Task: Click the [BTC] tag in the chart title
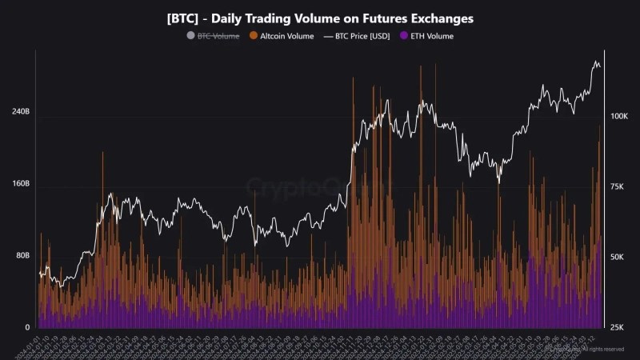[183, 17]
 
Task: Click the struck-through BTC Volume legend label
[218, 36]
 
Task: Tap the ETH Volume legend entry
[433, 36]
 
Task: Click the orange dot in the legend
[254, 36]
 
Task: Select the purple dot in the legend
[403, 36]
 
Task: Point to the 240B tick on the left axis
[20, 111]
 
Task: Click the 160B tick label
[20, 183]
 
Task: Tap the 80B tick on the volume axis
[22, 255]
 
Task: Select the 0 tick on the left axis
[27, 327]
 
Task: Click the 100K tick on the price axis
[621, 117]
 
